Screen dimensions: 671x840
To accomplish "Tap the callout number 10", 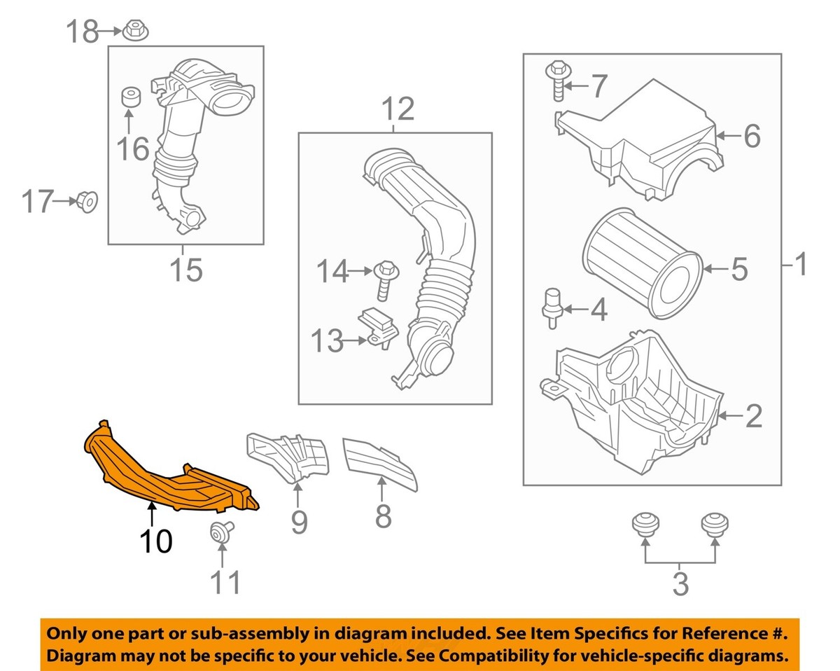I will click(x=155, y=541).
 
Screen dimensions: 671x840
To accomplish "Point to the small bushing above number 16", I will click(x=129, y=97).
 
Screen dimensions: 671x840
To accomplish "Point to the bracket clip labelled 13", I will click(x=379, y=328).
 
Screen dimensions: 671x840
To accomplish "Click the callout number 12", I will click(x=397, y=110).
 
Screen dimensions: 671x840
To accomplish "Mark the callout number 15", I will click(x=185, y=270).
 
